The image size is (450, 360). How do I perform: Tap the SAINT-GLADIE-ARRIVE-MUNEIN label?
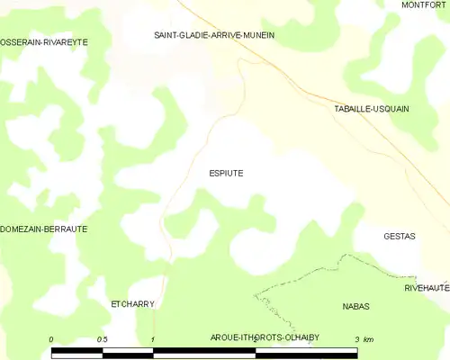(x=213, y=35)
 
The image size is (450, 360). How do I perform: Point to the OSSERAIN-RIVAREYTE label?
(x=44, y=42)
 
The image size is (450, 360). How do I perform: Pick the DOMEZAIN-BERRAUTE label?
(x=44, y=229)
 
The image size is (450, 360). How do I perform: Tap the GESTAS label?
(x=399, y=236)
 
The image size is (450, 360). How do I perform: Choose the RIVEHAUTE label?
(x=427, y=287)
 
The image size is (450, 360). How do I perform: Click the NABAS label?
(x=356, y=306)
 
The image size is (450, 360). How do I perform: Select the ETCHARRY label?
(x=132, y=304)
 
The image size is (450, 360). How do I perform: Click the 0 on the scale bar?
(x=52, y=338)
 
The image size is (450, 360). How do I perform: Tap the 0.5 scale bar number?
(x=102, y=338)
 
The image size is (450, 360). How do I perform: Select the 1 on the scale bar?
(x=154, y=338)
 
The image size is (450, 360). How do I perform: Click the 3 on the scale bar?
(x=356, y=338)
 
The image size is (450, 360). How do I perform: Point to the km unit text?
(x=370, y=338)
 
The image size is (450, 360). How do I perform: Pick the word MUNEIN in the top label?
(x=256, y=35)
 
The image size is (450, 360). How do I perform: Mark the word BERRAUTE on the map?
(x=65, y=229)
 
